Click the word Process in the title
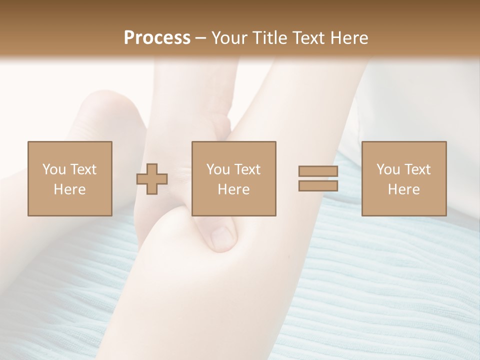pyautogui.click(x=157, y=38)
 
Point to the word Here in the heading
pyautogui.click(x=347, y=38)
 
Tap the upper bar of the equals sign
pyautogui.click(x=318, y=171)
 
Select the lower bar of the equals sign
pyautogui.click(x=318, y=186)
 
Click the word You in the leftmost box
pyautogui.click(x=53, y=169)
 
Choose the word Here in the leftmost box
pyautogui.click(x=69, y=189)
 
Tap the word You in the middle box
pyautogui.click(x=218, y=169)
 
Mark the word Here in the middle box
pyautogui.click(x=233, y=189)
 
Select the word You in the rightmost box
pyautogui.click(x=388, y=169)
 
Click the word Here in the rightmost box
pyautogui.click(x=403, y=189)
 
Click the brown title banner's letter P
pyautogui.click(x=130, y=38)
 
